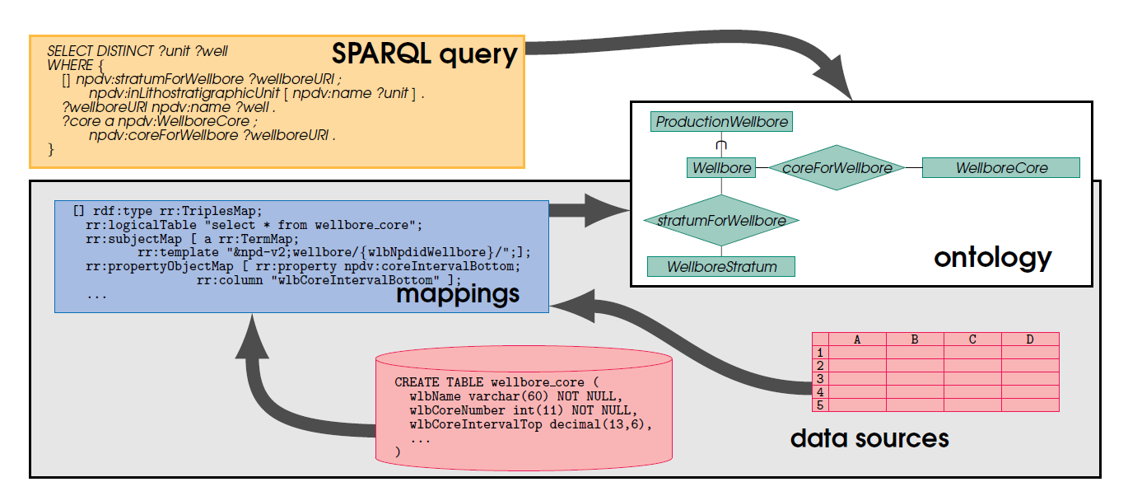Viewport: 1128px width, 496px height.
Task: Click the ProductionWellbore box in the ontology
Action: click(721, 121)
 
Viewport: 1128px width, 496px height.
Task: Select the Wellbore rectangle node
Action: click(721, 168)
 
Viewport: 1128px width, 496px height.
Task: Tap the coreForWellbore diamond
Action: click(837, 168)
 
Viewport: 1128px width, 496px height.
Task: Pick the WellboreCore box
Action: click(1001, 168)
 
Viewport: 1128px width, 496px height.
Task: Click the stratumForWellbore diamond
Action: click(721, 220)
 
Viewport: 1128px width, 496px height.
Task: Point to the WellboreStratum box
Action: click(721, 267)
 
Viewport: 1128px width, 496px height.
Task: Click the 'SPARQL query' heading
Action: click(425, 54)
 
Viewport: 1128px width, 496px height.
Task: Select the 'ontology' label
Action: click(992, 258)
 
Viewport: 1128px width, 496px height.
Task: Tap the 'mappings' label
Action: click(458, 294)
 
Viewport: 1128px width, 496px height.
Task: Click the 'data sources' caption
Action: click(869, 438)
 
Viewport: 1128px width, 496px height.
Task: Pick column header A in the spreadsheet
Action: click(857, 339)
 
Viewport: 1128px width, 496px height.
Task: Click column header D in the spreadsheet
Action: click(1030, 339)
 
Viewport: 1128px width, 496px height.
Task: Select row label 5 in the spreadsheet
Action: click(820, 405)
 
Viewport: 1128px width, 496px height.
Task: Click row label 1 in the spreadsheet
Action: click(820, 353)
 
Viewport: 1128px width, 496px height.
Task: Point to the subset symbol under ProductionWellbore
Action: click(721, 145)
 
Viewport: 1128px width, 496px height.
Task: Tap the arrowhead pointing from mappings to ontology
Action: click(607, 210)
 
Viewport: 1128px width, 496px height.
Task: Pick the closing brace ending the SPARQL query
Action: click(50, 150)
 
